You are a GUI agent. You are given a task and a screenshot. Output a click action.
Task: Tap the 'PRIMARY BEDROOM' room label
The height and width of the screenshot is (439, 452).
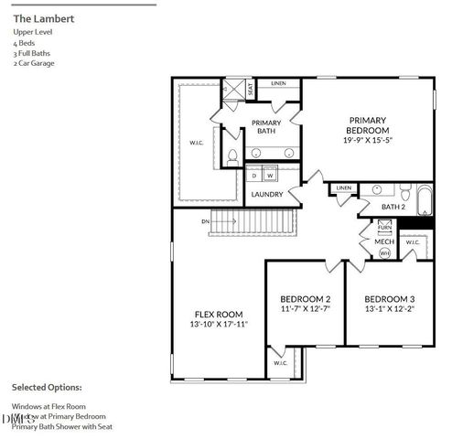pos(367,125)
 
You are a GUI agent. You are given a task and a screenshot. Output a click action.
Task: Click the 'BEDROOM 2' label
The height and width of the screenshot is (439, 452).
pos(305,299)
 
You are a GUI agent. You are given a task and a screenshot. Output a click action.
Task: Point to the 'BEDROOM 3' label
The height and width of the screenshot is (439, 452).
pos(389,299)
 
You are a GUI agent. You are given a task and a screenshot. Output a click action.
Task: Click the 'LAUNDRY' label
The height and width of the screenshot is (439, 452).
pos(266,194)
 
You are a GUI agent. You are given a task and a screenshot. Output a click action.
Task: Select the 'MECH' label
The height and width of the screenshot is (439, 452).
pos(384,241)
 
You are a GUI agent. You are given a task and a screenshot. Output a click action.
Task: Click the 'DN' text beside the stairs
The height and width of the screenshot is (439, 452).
pos(207,221)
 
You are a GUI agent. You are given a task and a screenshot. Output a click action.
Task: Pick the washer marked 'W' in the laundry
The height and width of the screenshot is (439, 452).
pos(271,175)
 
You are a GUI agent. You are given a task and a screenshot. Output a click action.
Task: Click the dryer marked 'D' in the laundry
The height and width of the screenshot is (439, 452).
pos(254,175)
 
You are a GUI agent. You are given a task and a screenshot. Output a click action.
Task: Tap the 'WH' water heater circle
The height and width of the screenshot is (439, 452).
pos(384,252)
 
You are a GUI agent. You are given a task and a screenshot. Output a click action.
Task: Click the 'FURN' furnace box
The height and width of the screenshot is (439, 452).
pos(384,227)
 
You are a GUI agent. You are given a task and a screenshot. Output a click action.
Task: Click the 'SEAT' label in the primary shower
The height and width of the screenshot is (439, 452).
pos(250,89)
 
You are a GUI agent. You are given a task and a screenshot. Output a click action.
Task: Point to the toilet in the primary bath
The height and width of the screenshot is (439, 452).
pos(231,155)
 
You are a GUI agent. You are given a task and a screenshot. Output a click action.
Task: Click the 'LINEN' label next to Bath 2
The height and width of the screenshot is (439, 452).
pos(343,188)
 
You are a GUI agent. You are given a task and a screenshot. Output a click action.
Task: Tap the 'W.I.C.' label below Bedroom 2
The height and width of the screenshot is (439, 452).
pos(280,363)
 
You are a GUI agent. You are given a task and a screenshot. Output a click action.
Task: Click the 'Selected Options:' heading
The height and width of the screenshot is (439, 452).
pos(47,387)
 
